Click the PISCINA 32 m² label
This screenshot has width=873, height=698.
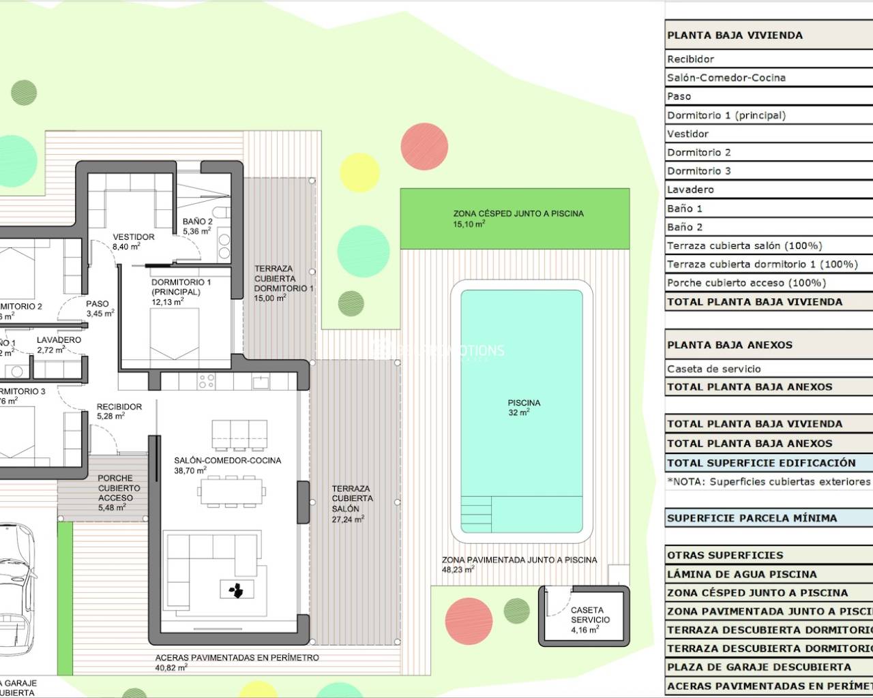coord(523,408)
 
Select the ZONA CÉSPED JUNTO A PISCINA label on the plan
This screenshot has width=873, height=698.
coord(518,218)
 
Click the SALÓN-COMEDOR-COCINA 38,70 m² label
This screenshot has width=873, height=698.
coord(227,465)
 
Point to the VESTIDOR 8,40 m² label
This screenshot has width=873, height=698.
coord(133,241)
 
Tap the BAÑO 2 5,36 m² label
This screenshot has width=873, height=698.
coord(197,226)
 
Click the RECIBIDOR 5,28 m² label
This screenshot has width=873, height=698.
coord(119,411)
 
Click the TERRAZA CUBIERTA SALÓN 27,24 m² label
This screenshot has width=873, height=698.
coord(352,503)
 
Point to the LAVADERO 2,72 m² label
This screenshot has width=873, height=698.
coord(59,344)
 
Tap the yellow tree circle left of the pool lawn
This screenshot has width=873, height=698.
coord(359,172)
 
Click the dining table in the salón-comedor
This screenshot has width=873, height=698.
coord(231,490)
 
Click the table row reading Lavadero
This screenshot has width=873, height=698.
coord(768,189)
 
